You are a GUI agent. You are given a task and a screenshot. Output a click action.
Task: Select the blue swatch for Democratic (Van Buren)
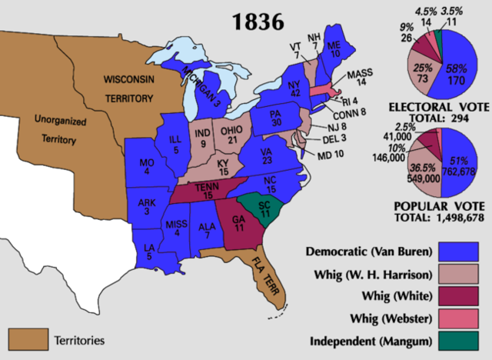463,252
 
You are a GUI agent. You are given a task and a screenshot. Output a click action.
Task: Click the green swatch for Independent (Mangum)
463,341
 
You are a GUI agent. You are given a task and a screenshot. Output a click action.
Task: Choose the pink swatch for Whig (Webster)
463,318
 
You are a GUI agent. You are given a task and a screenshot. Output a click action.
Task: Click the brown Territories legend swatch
25,338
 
